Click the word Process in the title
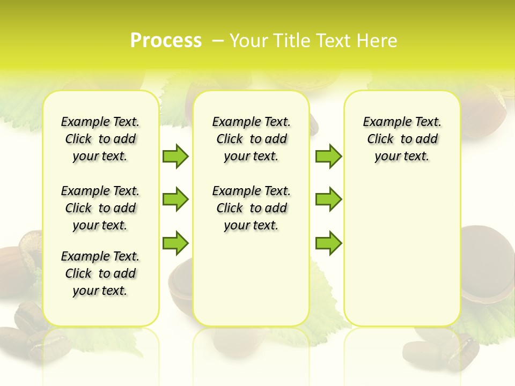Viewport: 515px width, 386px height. point(166,41)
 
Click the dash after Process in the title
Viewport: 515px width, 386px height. point(217,41)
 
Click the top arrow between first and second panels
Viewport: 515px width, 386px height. point(175,157)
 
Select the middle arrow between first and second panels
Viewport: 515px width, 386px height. point(175,199)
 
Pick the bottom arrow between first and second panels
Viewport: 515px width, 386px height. point(175,243)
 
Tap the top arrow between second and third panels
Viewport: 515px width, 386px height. point(328,157)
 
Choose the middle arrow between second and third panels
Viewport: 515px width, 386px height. point(328,199)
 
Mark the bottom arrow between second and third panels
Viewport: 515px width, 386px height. point(328,243)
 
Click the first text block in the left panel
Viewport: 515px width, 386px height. point(100,139)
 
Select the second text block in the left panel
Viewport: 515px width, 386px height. point(100,208)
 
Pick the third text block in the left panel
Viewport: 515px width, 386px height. point(100,273)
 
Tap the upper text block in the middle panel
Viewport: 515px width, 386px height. point(252,139)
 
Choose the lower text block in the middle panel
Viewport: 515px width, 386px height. point(252,208)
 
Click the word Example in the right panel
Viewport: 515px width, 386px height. point(382,122)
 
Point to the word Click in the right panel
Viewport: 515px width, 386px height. point(380,139)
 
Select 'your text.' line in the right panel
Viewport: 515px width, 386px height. point(402,157)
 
